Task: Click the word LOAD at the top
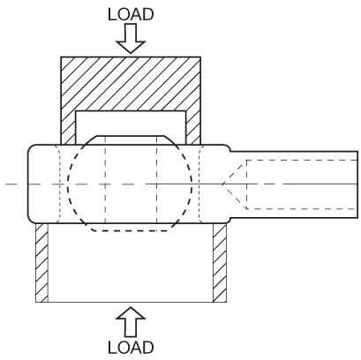coord(131,14)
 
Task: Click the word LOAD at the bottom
coord(131,348)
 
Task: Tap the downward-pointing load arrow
coord(131,38)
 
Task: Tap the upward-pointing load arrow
coord(131,322)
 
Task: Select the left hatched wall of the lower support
coord(41,263)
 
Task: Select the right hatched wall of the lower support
coord(220,263)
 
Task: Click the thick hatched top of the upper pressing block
coord(131,84)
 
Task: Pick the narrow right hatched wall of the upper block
coord(193,127)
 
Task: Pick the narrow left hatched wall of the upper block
coord(68,127)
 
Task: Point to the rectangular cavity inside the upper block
coord(131,124)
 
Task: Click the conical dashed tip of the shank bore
coord(234,184)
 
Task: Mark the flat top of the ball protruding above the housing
coord(131,136)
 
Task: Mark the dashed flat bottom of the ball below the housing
coord(131,230)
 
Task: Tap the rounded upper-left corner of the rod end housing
coord(32,148)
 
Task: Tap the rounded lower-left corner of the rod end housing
coord(32,219)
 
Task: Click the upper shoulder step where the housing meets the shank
coord(229,148)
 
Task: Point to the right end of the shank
coord(358,184)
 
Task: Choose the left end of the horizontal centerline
coord(6,184)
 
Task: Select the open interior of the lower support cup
coord(131,263)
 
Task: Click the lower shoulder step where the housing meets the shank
coord(229,221)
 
